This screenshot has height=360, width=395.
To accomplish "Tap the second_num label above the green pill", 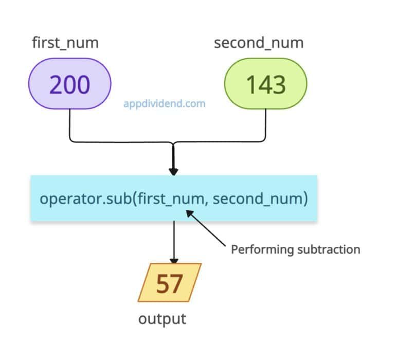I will coord(259,43).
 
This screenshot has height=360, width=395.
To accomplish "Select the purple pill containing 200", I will coord(70,84).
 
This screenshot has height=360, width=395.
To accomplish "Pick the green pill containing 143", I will coord(265,84).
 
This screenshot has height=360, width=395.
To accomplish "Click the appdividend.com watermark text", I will coord(164,104).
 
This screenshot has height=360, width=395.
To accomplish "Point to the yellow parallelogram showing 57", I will coord(169,282).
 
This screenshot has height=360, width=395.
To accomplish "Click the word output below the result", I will coord(162,319).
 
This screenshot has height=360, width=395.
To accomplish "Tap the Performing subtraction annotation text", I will coord(295,250).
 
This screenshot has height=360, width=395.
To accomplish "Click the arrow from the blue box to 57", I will coord(175,242).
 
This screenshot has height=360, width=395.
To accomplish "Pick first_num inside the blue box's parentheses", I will coord(168,198).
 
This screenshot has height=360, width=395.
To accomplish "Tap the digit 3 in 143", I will coord(279,84).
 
